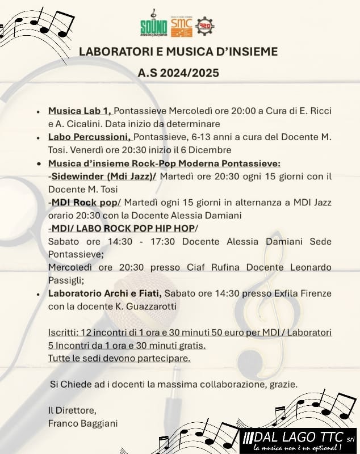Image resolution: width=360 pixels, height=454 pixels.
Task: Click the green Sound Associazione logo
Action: click(x=152, y=25)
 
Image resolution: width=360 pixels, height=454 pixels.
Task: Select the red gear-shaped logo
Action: click(x=204, y=26)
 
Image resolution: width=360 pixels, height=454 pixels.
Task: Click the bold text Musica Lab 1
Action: click(x=79, y=111)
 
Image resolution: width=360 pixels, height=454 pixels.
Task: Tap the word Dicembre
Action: click(x=211, y=150)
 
